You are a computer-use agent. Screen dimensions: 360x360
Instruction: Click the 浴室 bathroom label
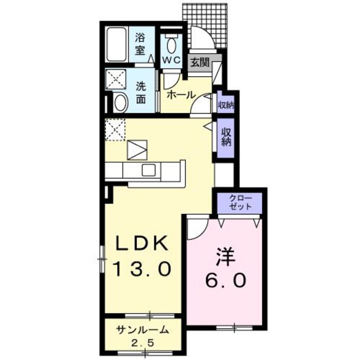tap(141, 44)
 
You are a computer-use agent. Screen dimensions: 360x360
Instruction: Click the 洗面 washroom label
tap(141, 92)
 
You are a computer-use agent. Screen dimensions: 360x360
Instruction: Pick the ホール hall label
tap(181, 94)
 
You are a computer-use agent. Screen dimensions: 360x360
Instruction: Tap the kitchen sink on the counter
tap(149, 170)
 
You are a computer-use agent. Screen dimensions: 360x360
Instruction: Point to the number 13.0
tap(142, 269)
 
